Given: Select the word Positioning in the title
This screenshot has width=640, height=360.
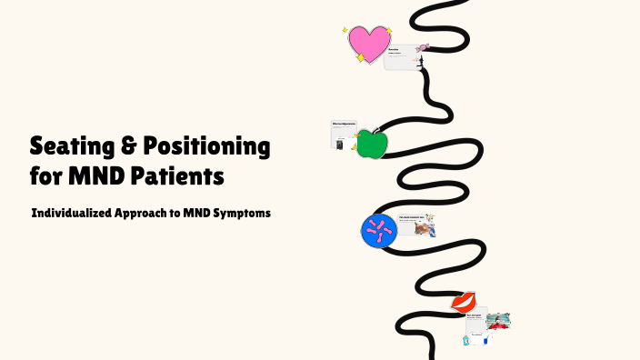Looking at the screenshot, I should click(207, 145).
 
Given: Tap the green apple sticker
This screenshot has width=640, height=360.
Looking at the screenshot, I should click(371, 144).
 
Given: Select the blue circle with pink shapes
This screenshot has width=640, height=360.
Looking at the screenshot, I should click(378, 229).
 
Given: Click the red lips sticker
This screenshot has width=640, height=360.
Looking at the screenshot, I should click(464, 301).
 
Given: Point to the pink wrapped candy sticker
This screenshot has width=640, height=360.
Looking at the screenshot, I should click(423, 47).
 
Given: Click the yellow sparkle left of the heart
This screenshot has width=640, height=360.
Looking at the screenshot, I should click(345, 30).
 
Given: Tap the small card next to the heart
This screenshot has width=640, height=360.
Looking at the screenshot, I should click(400, 56).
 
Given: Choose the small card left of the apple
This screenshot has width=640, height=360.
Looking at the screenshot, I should click(343, 134).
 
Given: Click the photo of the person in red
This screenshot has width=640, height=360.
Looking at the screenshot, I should click(497, 320).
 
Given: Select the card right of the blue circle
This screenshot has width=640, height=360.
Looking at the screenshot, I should click(415, 225).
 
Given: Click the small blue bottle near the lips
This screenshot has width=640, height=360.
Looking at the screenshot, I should click(465, 340).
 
